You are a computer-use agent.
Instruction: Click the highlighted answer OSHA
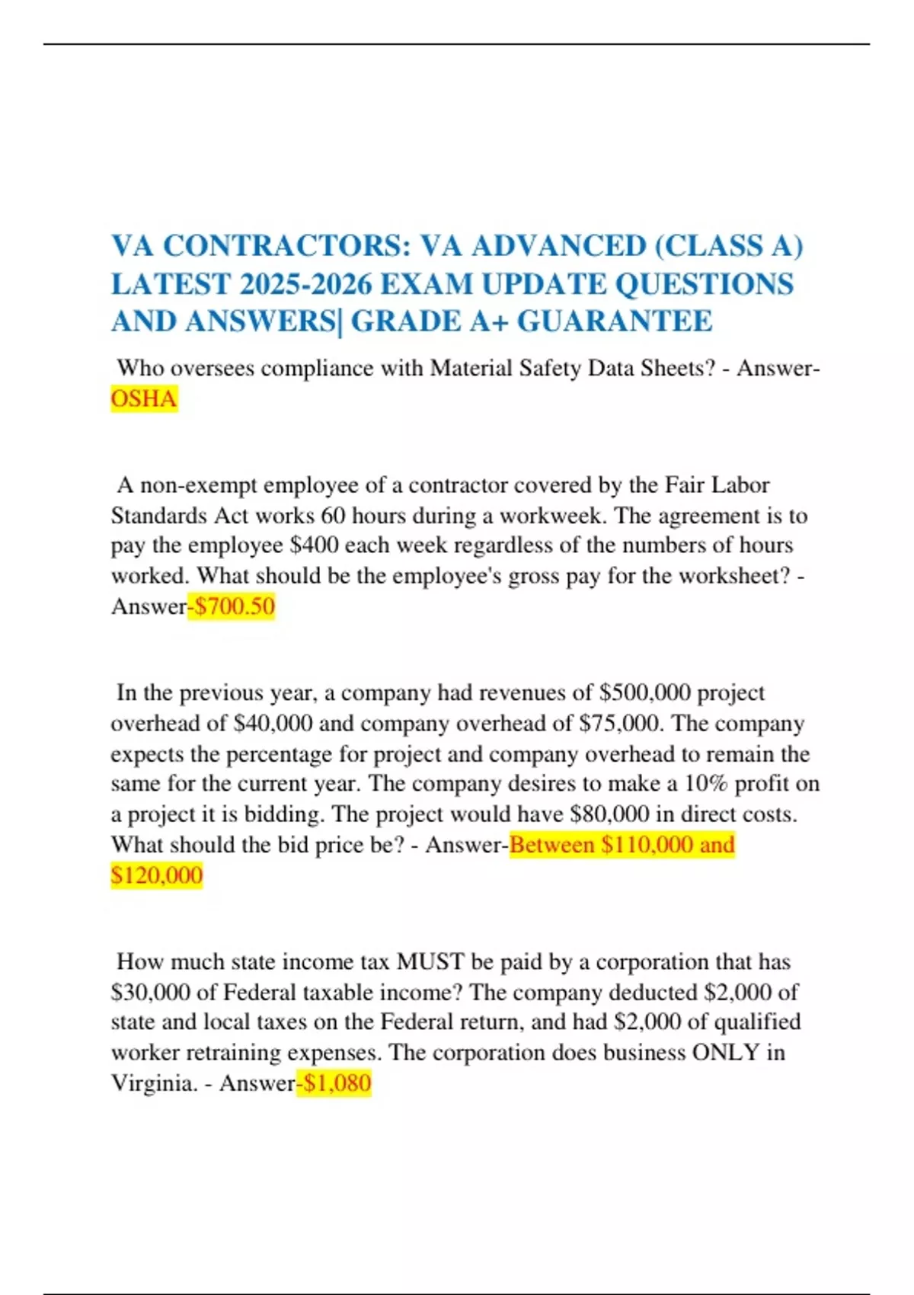point(144,398)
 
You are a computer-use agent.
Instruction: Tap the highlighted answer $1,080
point(337,1082)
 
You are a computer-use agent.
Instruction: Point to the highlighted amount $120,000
point(157,875)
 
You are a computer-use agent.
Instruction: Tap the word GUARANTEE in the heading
point(615,321)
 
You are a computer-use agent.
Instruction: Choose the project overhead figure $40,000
point(273,723)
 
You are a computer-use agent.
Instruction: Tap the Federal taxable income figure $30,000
point(150,993)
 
